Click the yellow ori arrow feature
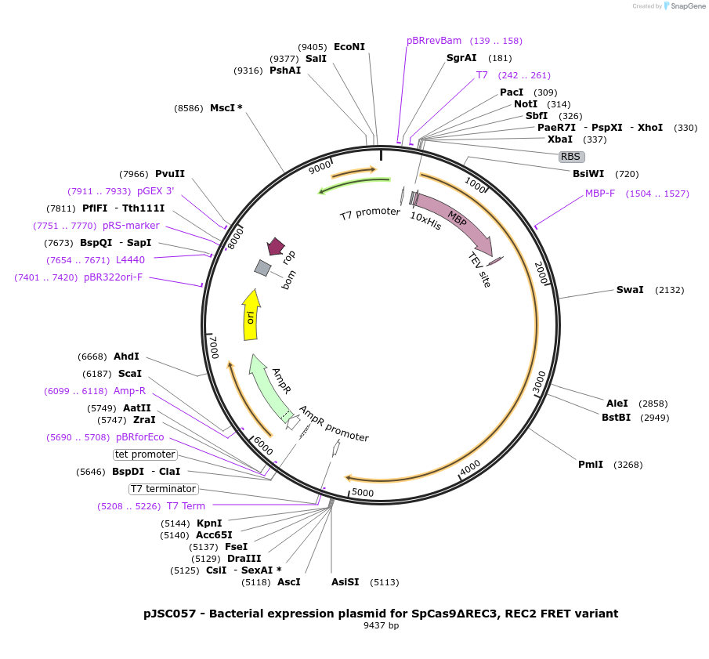(251, 316)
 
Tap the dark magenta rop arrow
(275, 247)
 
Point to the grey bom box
(263, 268)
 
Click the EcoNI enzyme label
(349, 47)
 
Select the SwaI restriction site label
(630, 290)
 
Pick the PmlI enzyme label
(591, 465)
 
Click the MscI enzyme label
(226, 108)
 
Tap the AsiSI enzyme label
(345, 582)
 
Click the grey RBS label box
(570, 157)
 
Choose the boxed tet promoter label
(146, 454)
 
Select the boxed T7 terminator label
(164, 489)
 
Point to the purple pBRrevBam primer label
(434, 41)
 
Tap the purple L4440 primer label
(130, 259)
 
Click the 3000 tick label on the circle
(540, 383)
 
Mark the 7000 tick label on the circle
(214, 347)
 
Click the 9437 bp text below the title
(381, 626)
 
